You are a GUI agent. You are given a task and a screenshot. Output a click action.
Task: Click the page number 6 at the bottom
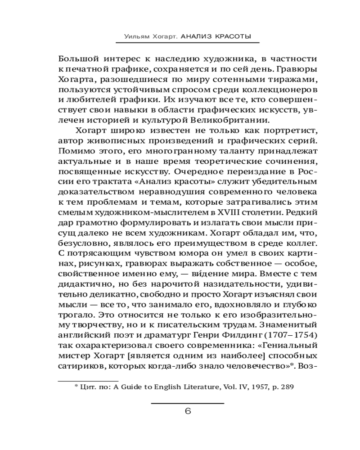(188, 411)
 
